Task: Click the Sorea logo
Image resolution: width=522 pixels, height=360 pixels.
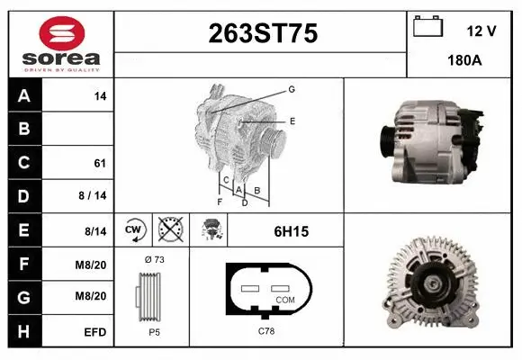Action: point(61,44)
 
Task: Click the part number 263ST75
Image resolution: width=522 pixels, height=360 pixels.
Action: point(262,34)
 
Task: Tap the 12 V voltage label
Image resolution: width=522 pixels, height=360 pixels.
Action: point(481,31)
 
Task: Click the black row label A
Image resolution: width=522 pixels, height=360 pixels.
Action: point(23,95)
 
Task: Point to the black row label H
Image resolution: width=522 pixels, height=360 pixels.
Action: point(23,332)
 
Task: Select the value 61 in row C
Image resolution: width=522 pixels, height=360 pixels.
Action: point(100,163)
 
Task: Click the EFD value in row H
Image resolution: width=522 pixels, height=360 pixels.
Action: point(96,332)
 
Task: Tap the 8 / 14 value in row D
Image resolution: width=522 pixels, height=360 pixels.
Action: point(93,196)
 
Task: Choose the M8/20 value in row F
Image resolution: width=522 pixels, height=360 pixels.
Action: point(93,265)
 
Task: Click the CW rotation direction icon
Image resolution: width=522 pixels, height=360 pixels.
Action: point(134,230)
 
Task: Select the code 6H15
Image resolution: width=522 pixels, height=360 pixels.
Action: point(291,231)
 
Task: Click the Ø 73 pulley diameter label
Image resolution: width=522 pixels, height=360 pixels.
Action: point(154,259)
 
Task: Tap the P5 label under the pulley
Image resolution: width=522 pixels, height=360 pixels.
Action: point(154,330)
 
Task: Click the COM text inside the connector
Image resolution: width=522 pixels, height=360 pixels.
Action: point(285,300)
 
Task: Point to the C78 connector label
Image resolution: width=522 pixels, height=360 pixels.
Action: point(266,330)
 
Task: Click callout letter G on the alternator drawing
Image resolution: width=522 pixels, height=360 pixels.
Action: point(292,89)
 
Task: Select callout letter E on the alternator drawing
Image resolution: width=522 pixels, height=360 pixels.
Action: point(292,121)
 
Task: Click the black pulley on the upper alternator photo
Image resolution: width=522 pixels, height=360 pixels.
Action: point(386,139)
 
